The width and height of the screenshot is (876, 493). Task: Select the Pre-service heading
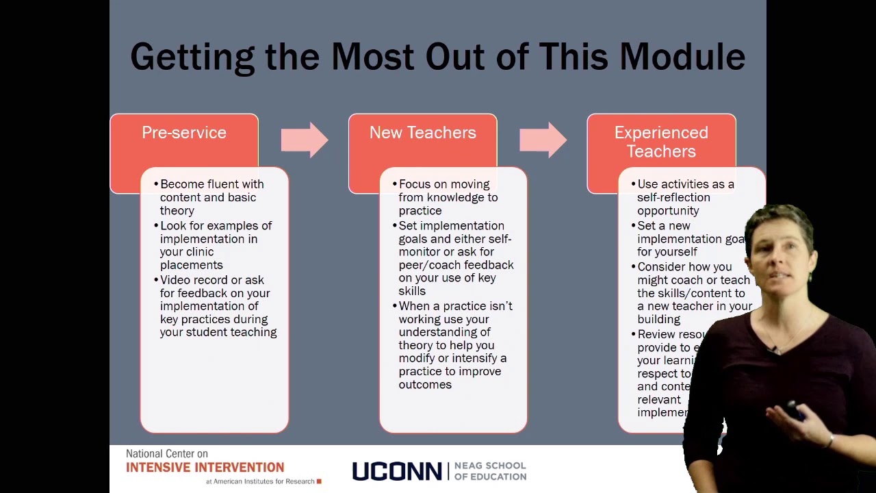point(184,133)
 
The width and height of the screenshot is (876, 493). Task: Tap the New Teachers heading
point(422,133)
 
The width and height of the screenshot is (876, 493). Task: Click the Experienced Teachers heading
point(661,142)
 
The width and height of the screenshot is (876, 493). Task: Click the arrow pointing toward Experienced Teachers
point(543,140)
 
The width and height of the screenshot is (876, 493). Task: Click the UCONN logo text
point(397,471)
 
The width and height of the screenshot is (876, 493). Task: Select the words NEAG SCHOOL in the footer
point(490,466)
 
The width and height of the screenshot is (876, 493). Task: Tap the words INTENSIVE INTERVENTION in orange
point(205,468)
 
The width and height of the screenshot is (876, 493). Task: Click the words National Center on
point(166,454)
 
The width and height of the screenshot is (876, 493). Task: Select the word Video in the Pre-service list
point(175,280)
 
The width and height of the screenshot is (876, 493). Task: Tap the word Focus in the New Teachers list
point(414,184)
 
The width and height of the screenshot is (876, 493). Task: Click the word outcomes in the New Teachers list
point(425,385)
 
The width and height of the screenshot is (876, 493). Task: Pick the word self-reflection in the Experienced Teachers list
point(673,197)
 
